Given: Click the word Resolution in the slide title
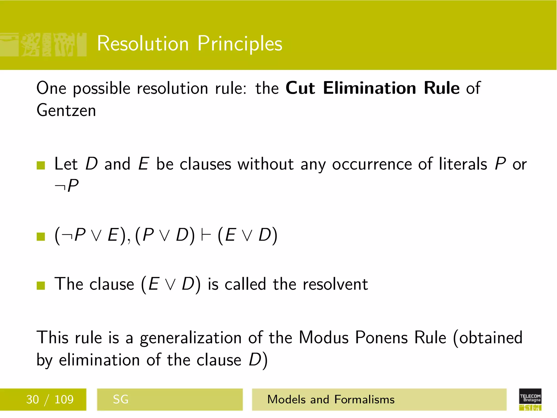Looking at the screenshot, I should pyautogui.click(x=143, y=44).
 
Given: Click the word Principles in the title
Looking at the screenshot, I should pyautogui.click(x=240, y=44).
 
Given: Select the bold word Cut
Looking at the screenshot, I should pyautogui.click(x=300, y=88).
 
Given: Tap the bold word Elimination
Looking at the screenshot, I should pyautogui.click(x=370, y=88).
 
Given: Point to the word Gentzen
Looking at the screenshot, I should pyautogui.click(x=66, y=110).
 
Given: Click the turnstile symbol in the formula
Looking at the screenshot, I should pyautogui.click(x=206, y=235).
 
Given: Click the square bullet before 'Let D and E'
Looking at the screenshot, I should pyautogui.click(x=41, y=165).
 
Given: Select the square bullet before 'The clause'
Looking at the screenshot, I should pyautogui.click(x=41, y=285).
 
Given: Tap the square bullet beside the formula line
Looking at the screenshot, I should pyautogui.click(x=41, y=236).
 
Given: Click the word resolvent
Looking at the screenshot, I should pyautogui.click(x=335, y=284).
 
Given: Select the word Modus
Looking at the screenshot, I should pyautogui.click(x=324, y=338).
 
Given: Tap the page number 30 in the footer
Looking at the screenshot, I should pyautogui.click(x=32, y=399).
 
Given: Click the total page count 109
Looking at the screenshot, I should pyautogui.click(x=64, y=399).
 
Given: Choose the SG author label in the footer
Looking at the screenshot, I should pyautogui.click(x=120, y=399).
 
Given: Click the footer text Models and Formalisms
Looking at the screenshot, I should pyautogui.click(x=331, y=399).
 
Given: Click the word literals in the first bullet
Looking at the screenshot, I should pyautogui.click(x=463, y=164).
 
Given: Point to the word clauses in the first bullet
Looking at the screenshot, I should pyautogui.click(x=206, y=164).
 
